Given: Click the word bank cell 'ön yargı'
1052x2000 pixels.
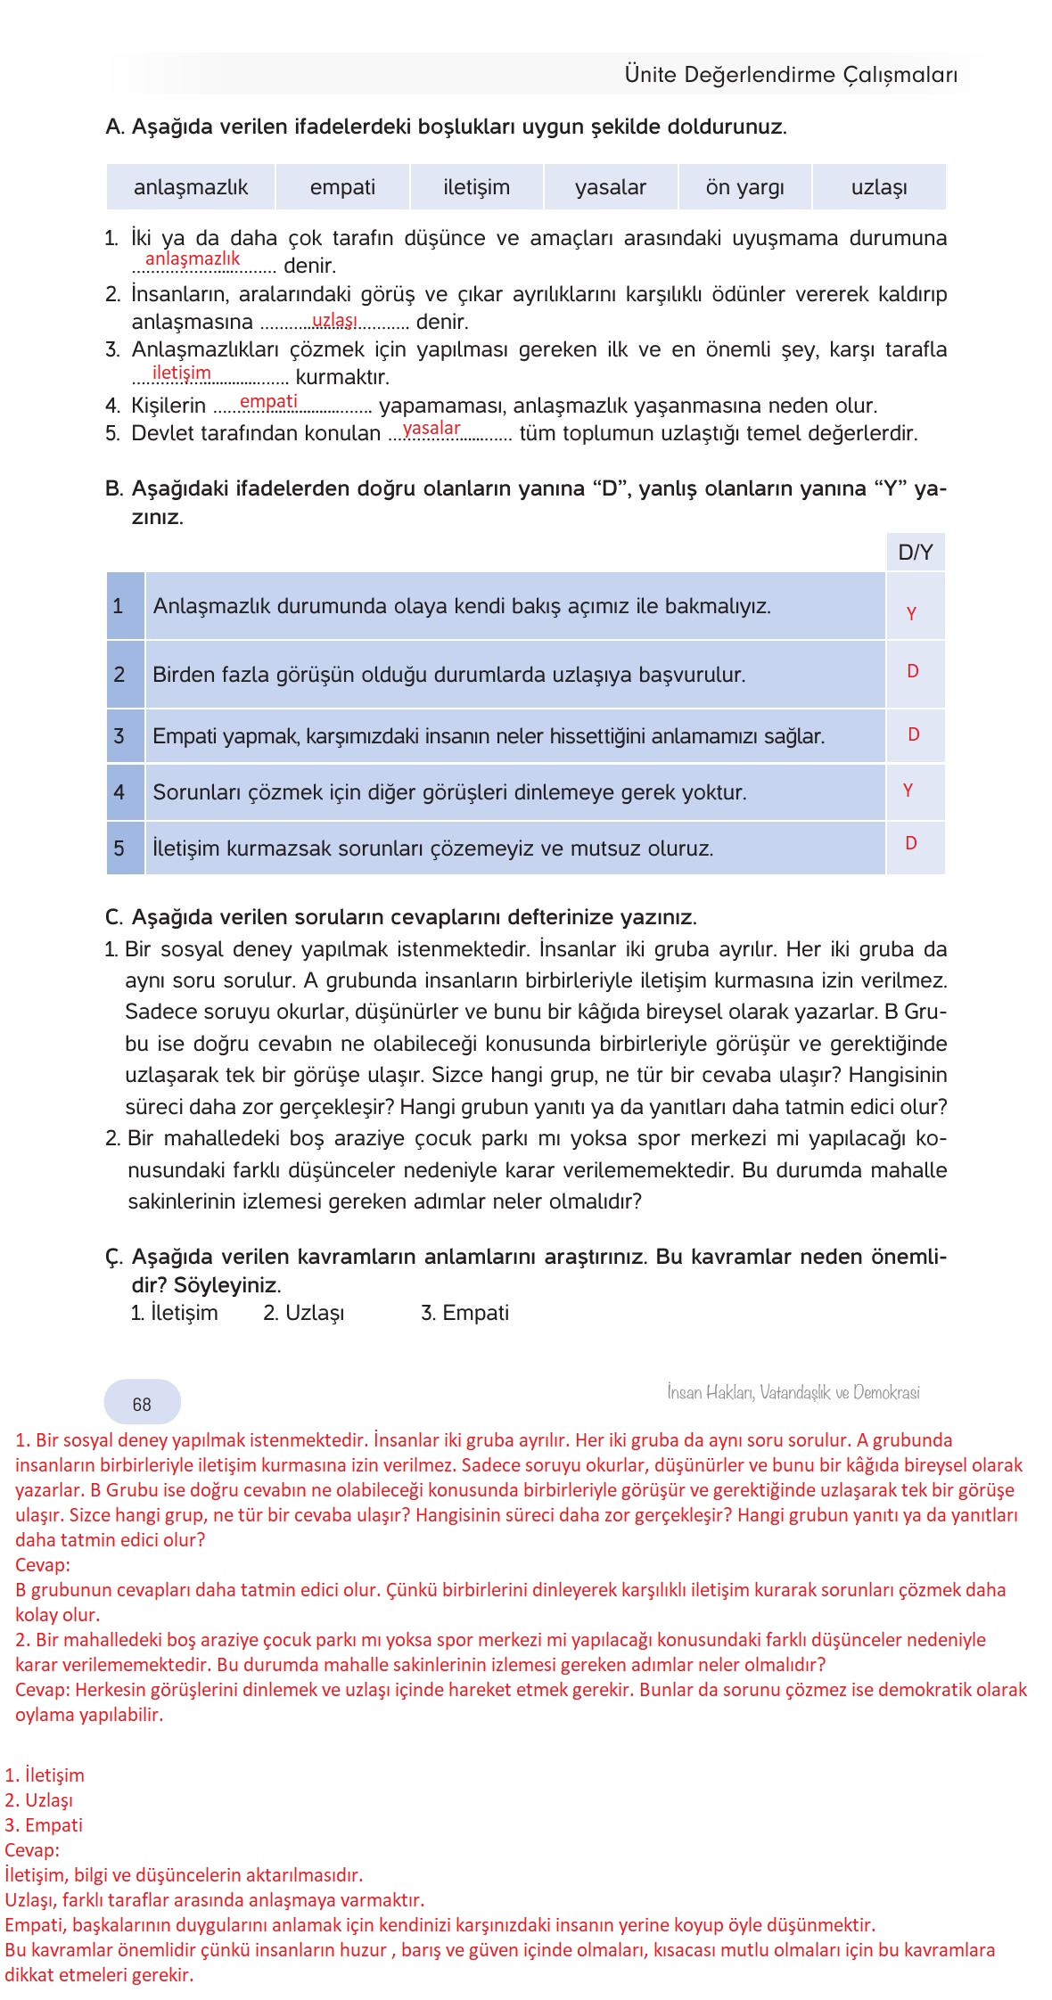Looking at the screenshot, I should point(744,187).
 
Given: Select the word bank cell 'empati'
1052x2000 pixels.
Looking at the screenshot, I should point(342,187).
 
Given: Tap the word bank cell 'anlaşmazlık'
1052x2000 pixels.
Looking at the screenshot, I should point(191,187).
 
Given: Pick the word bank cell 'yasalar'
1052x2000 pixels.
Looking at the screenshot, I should point(610,187).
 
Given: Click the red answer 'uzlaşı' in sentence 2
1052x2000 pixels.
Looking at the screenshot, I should point(334,320).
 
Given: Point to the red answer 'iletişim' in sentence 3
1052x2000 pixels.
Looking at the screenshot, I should point(182,373).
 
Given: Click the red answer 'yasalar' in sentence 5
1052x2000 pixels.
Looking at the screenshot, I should point(431,428).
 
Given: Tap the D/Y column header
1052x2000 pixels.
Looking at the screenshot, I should point(915,553).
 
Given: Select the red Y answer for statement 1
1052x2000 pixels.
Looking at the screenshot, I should point(911,613).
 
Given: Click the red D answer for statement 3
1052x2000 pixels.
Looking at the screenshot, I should point(913,734).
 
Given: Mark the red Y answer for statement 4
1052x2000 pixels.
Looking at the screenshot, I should point(908,791).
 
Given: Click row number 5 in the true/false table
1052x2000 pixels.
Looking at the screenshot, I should point(119,848).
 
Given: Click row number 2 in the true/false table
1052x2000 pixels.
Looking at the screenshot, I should point(119,675).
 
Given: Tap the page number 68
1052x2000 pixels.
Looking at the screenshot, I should point(142,1405).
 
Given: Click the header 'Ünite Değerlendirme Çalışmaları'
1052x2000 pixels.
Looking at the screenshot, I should point(791,75).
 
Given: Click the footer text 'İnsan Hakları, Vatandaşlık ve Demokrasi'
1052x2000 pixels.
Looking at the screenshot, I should point(793,1392).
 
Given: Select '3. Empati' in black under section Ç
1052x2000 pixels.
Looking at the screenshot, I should point(464,1313).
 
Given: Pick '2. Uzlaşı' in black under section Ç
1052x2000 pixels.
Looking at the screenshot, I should point(303,1313).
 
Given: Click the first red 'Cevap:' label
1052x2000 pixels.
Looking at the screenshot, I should point(43,1564).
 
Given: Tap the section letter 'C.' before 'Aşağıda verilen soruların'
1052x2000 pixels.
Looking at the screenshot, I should point(113,917).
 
